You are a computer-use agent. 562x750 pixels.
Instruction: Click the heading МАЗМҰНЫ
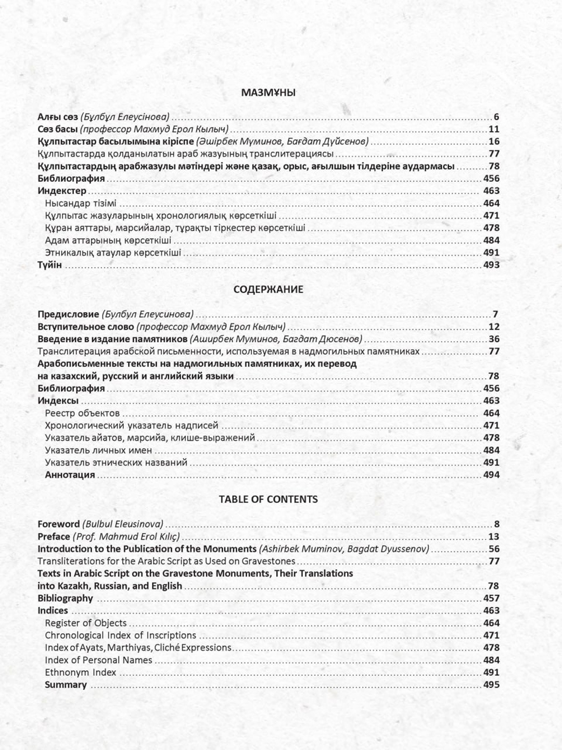[x=268, y=93]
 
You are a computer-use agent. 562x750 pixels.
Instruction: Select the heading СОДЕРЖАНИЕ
[x=268, y=290]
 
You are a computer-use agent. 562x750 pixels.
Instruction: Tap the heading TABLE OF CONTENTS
[x=268, y=499]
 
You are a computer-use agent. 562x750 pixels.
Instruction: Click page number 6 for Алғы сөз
[x=496, y=117]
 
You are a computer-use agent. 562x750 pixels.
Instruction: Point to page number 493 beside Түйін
[x=491, y=265]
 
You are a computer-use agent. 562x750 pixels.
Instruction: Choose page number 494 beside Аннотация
[x=491, y=475]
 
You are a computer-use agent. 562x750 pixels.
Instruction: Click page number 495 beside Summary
[x=491, y=685]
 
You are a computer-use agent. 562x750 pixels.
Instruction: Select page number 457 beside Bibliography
[x=491, y=598]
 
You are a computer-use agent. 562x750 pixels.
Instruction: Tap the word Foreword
[x=58, y=524]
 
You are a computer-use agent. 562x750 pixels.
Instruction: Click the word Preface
[x=54, y=536]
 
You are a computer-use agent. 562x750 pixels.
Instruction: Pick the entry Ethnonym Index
[x=81, y=672]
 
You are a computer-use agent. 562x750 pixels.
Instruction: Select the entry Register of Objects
[x=86, y=623]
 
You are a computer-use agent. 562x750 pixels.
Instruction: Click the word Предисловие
[x=68, y=315]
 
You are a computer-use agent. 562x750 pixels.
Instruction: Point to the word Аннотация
[x=70, y=475]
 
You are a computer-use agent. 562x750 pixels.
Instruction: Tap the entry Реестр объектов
[x=82, y=414]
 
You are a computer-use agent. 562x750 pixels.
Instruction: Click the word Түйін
[x=49, y=265]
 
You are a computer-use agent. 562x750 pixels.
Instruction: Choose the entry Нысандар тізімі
[x=81, y=204]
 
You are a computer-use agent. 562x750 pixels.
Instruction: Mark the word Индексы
[x=58, y=401]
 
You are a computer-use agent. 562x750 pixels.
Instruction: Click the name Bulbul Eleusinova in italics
[x=123, y=524]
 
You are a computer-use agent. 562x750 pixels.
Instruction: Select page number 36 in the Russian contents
[x=494, y=339]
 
